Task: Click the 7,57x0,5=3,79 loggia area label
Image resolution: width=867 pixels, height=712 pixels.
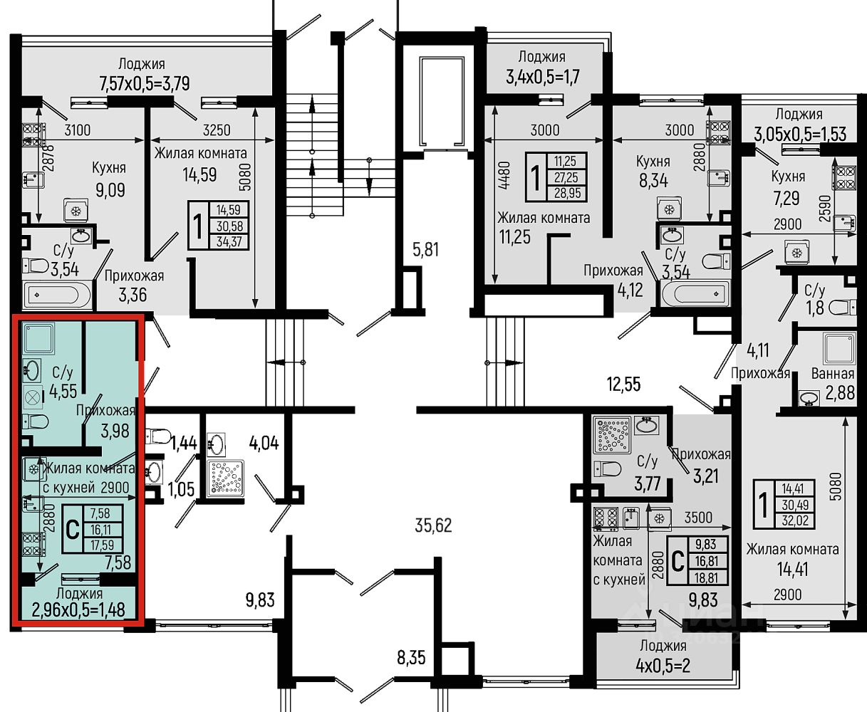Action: [145, 84]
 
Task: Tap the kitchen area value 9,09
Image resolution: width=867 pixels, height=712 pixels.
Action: [110, 190]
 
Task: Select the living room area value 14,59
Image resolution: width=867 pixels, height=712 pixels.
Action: [199, 175]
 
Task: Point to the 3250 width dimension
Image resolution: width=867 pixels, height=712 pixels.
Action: [217, 130]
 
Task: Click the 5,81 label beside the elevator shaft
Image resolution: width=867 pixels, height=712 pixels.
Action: [425, 250]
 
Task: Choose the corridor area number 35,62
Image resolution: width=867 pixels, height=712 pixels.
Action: [433, 525]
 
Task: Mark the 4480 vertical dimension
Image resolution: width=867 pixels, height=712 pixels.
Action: [504, 174]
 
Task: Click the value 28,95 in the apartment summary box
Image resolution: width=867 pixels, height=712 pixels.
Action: [567, 193]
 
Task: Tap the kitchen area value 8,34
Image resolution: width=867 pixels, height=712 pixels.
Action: [654, 180]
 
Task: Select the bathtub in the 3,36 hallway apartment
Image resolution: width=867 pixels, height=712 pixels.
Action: [57, 295]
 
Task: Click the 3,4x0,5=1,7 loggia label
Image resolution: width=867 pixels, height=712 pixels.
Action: [543, 77]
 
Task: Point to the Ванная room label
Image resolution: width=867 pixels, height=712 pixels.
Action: [833, 374]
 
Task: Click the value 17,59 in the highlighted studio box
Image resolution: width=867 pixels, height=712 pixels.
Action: [103, 545]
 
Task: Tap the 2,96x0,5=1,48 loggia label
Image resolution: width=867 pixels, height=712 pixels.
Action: [78, 609]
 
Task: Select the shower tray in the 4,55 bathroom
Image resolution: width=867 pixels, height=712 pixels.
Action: [38, 338]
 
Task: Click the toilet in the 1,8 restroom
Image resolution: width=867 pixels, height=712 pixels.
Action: [843, 308]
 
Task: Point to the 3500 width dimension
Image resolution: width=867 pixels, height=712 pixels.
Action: [698, 518]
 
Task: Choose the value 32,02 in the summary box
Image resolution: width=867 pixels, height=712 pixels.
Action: [795, 520]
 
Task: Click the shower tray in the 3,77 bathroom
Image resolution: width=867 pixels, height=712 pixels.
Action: [611, 435]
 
